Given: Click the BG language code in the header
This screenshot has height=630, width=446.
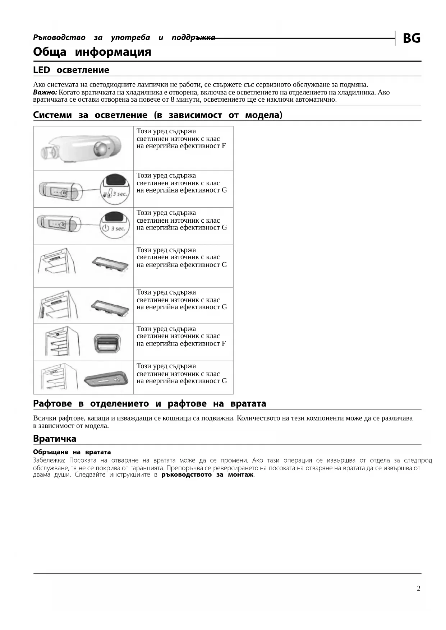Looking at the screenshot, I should click(411, 38).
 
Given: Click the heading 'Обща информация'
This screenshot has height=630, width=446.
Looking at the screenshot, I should click(92, 52).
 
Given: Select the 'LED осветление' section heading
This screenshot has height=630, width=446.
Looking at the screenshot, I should click(71, 70).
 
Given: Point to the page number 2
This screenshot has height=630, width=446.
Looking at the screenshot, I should click(418, 588).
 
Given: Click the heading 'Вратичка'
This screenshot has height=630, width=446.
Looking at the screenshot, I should click(55, 439).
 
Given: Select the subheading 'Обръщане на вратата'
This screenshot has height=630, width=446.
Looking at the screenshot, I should click(72, 452).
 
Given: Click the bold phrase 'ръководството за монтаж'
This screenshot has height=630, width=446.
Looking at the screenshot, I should click(207, 475).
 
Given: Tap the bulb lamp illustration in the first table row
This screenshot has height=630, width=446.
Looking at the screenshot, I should click(83, 148).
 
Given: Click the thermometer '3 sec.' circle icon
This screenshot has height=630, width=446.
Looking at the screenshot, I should click(115, 189).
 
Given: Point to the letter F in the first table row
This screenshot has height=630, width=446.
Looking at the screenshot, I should click(224, 146).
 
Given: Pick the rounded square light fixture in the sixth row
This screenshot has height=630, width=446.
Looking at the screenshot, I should click(107, 342).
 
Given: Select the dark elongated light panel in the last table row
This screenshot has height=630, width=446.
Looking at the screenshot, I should click(106, 379).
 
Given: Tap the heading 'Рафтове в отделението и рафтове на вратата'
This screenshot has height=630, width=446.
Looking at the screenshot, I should click(150, 404).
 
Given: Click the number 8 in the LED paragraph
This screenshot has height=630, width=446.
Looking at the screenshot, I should click(173, 99).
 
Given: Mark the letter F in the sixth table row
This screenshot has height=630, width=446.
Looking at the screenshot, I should click(224, 343).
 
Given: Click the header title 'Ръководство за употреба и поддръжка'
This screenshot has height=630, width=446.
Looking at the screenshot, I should click(124, 38).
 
